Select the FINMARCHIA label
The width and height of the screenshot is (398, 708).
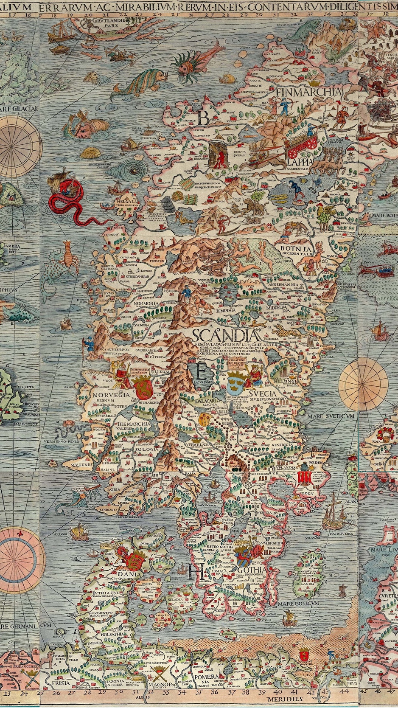(x=308, y=92)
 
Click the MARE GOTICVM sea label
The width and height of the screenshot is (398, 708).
(x=298, y=603)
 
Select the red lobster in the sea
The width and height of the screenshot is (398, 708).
(x=69, y=253)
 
